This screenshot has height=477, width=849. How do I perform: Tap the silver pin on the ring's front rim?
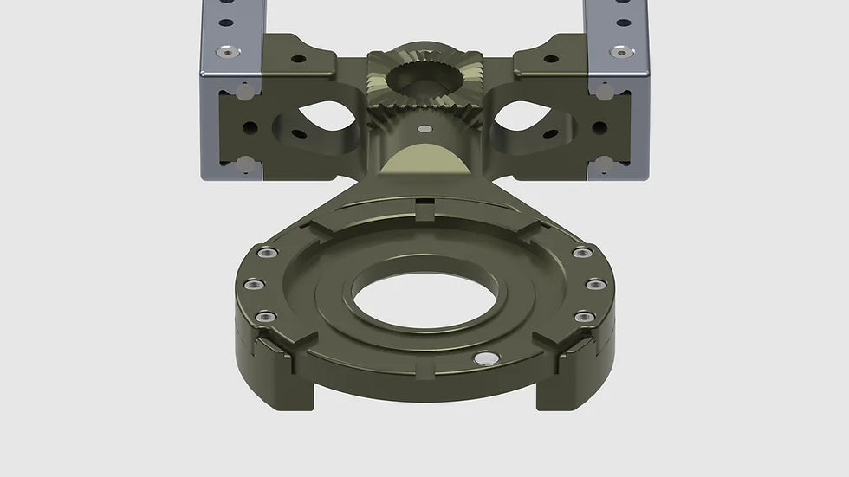click(484, 357)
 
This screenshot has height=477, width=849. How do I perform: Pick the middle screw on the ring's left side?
click(251, 284)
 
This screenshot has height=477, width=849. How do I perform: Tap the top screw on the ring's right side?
click(583, 253)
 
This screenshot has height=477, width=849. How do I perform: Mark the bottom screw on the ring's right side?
click(583, 317)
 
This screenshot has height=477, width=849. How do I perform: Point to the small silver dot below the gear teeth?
click(424, 129)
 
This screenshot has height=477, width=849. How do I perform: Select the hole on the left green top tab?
click(298, 59)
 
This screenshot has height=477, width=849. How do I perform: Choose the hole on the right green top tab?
click(550, 59)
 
